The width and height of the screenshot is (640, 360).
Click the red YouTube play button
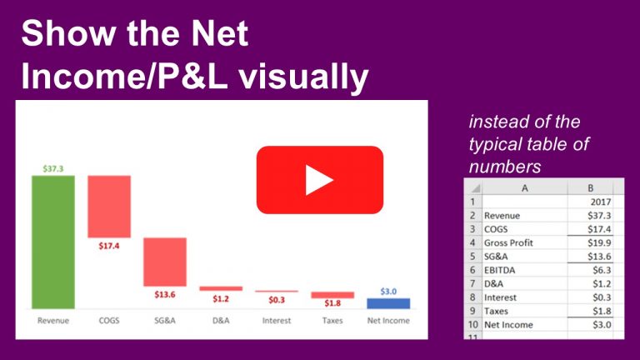319,179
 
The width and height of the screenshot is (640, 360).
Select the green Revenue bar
53,242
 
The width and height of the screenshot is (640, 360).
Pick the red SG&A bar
164,262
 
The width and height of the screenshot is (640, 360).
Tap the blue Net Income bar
388,303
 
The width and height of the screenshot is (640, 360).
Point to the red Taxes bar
332,295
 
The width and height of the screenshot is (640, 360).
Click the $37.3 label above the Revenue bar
53,168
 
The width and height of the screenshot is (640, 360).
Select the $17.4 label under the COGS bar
108,246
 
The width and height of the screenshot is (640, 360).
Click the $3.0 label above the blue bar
388,291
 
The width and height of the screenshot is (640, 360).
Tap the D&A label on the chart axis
220,320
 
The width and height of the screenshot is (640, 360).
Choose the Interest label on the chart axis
276,320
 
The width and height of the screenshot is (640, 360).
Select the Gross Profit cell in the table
508,242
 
